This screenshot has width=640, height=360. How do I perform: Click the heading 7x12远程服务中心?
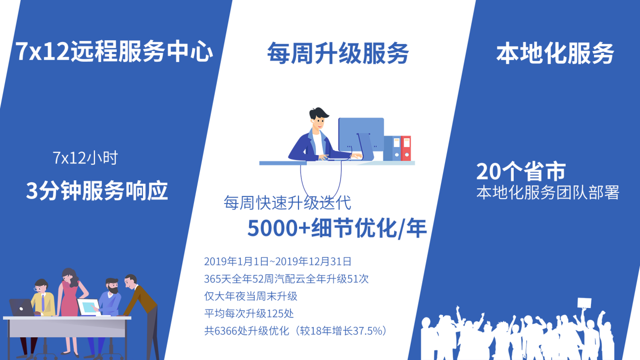tap(114, 52)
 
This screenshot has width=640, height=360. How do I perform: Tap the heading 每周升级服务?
tap(338, 53)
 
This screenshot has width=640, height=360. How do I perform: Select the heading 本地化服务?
tap(555, 53)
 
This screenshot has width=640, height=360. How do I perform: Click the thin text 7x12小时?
tap(85, 158)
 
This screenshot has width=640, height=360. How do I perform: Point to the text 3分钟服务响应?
tap(96, 191)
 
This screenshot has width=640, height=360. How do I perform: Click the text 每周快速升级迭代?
tap(287, 202)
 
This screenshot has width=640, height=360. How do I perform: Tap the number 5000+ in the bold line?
tap(279, 228)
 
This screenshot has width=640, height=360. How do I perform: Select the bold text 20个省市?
tap(521, 172)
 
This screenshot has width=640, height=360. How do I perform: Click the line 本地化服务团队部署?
tap(548, 192)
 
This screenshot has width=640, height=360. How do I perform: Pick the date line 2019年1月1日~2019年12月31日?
tap(278, 262)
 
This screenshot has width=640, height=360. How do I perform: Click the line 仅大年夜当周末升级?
tap(251, 296)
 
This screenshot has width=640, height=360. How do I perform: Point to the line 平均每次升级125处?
tap(249, 314)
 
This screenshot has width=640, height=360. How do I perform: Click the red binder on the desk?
tap(406, 148)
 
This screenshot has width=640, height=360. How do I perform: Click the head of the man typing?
tap(318, 119)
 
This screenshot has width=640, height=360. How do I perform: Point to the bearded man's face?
tap(113, 286)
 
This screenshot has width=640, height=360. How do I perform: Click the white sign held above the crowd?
tap(584, 303)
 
